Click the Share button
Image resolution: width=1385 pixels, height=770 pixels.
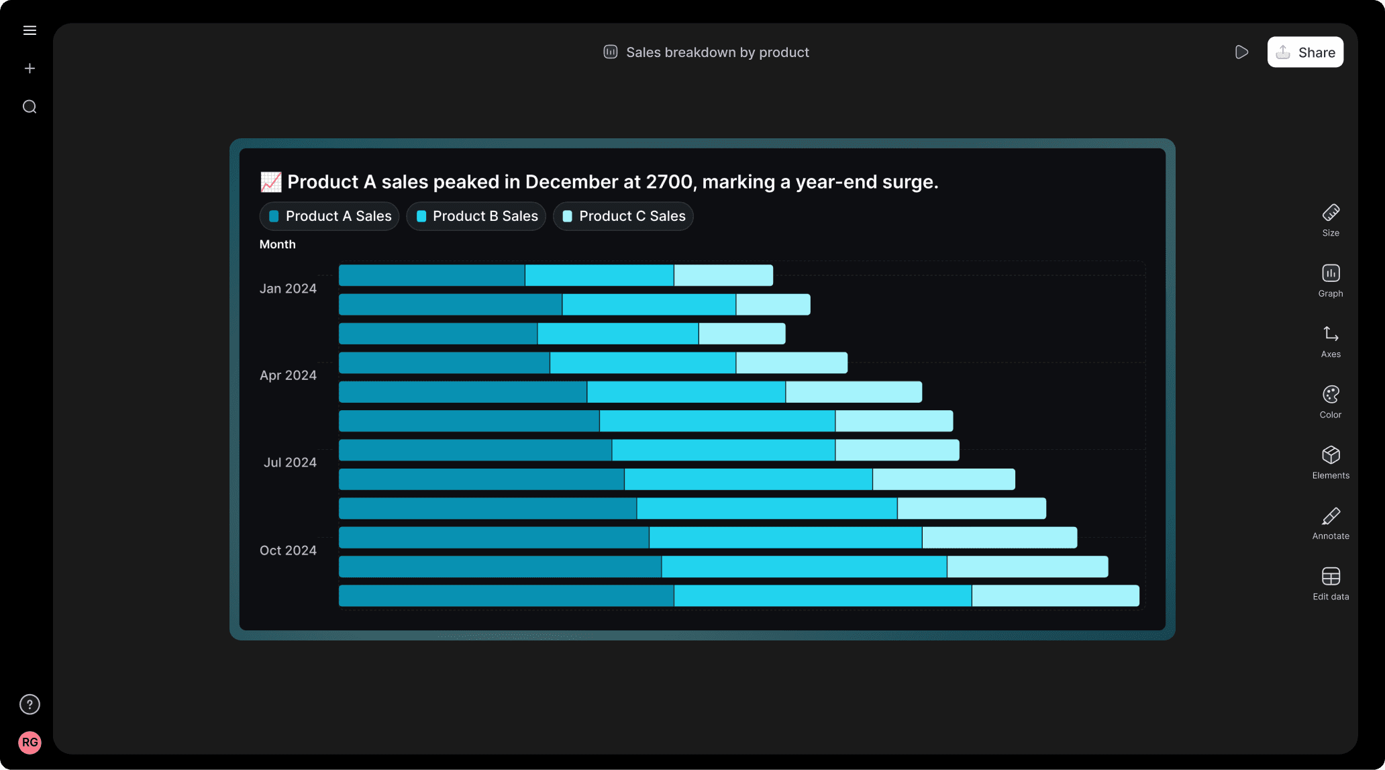click(x=1305, y=52)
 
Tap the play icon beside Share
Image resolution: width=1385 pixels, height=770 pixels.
click(x=1241, y=52)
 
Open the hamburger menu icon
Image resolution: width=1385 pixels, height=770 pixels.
click(x=30, y=30)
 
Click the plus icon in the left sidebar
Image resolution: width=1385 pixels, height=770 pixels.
click(x=30, y=68)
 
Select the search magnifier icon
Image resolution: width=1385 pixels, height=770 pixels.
click(x=30, y=107)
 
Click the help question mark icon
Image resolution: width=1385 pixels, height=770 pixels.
click(x=30, y=704)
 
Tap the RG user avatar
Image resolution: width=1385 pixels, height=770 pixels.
click(x=30, y=742)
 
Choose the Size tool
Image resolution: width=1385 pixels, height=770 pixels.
click(x=1331, y=220)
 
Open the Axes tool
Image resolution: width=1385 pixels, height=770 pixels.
click(x=1331, y=342)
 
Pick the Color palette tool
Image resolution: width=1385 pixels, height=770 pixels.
click(x=1331, y=402)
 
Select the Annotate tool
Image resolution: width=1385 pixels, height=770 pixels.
click(x=1331, y=524)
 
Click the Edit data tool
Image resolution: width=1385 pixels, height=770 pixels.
click(x=1331, y=584)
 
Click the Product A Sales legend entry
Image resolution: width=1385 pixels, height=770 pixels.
click(x=329, y=216)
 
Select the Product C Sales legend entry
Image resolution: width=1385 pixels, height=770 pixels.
click(x=623, y=216)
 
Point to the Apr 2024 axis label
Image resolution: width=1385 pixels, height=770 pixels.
click(x=288, y=375)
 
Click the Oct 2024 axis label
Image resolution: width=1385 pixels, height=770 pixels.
click(x=288, y=550)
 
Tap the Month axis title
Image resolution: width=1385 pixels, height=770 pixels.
click(x=277, y=244)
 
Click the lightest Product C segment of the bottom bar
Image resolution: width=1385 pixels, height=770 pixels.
click(x=1056, y=595)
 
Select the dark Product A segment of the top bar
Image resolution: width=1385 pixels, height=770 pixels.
click(x=431, y=275)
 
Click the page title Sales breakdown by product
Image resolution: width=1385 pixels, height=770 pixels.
click(x=717, y=52)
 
